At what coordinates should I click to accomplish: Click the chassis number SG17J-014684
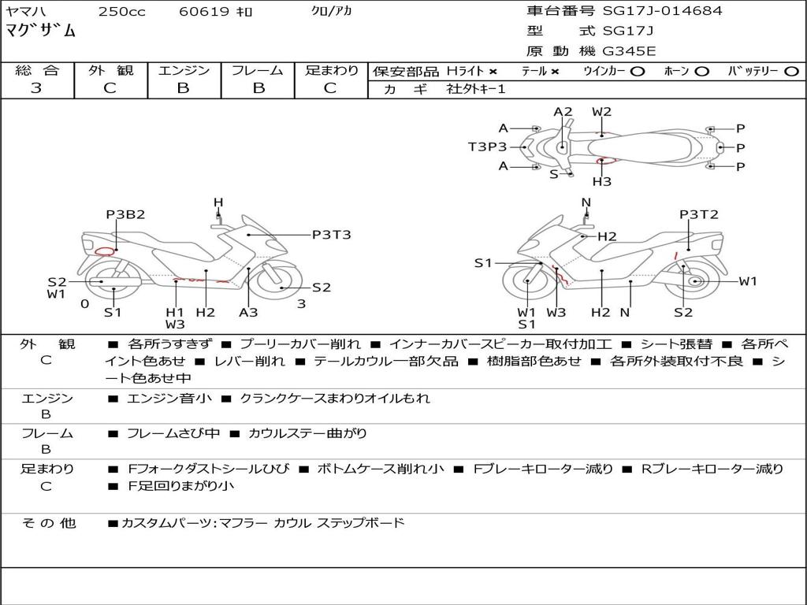pos(662,11)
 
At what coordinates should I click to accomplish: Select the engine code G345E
pos(629,52)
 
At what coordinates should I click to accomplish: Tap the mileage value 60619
pos(204,12)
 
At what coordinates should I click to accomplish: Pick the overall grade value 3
pos(36,88)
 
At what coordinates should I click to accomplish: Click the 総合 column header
pos(36,70)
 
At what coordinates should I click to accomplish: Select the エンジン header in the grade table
pos(184,70)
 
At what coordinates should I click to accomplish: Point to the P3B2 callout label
pos(126,214)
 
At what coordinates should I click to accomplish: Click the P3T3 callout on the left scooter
pos(331,234)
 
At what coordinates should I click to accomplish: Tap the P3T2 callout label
pos(699,214)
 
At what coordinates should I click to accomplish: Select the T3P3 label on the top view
pos(487,147)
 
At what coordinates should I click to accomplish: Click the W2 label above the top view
pos(601,112)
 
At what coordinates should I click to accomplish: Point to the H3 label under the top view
pos(602,181)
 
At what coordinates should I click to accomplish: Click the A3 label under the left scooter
pos(248,312)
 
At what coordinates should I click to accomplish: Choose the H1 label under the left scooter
pos(174,312)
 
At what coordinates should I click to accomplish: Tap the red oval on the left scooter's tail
pos(103,252)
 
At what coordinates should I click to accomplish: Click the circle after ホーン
pos(701,71)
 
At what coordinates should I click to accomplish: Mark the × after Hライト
pos(493,71)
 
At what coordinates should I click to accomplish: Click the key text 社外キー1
pos(478,89)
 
